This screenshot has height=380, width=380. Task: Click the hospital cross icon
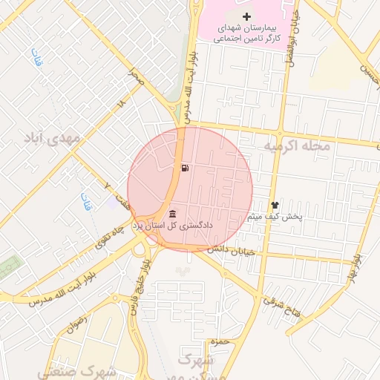point(247,16)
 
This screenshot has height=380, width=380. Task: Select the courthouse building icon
point(173,214)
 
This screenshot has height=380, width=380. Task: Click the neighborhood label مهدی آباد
point(51,139)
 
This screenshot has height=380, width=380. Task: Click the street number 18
point(122,106)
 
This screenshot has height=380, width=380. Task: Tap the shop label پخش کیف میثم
point(275,217)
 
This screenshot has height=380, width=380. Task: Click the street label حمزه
point(217,341)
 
